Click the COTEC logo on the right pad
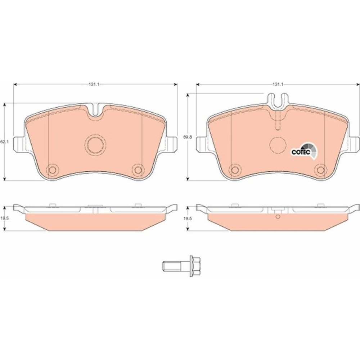tap(304, 151)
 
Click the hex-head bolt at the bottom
tap(181, 266)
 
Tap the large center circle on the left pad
tap(95, 145)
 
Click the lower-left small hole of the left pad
tap(53, 170)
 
